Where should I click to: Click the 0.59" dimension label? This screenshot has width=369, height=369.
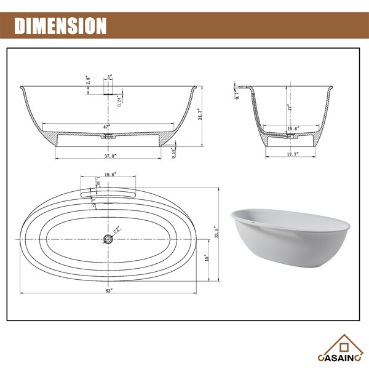[x=175, y=151]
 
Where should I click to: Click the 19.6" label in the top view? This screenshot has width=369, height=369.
[x=108, y=174]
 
